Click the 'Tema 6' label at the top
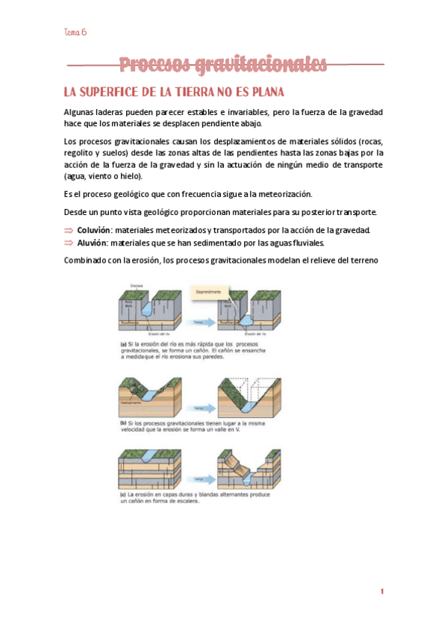tap(75, 32)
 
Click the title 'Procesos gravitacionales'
tap(223, 65)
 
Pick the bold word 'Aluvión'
tap(91, 243)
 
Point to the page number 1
tap(381, 591)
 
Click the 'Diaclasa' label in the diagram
tap(137, 284)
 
